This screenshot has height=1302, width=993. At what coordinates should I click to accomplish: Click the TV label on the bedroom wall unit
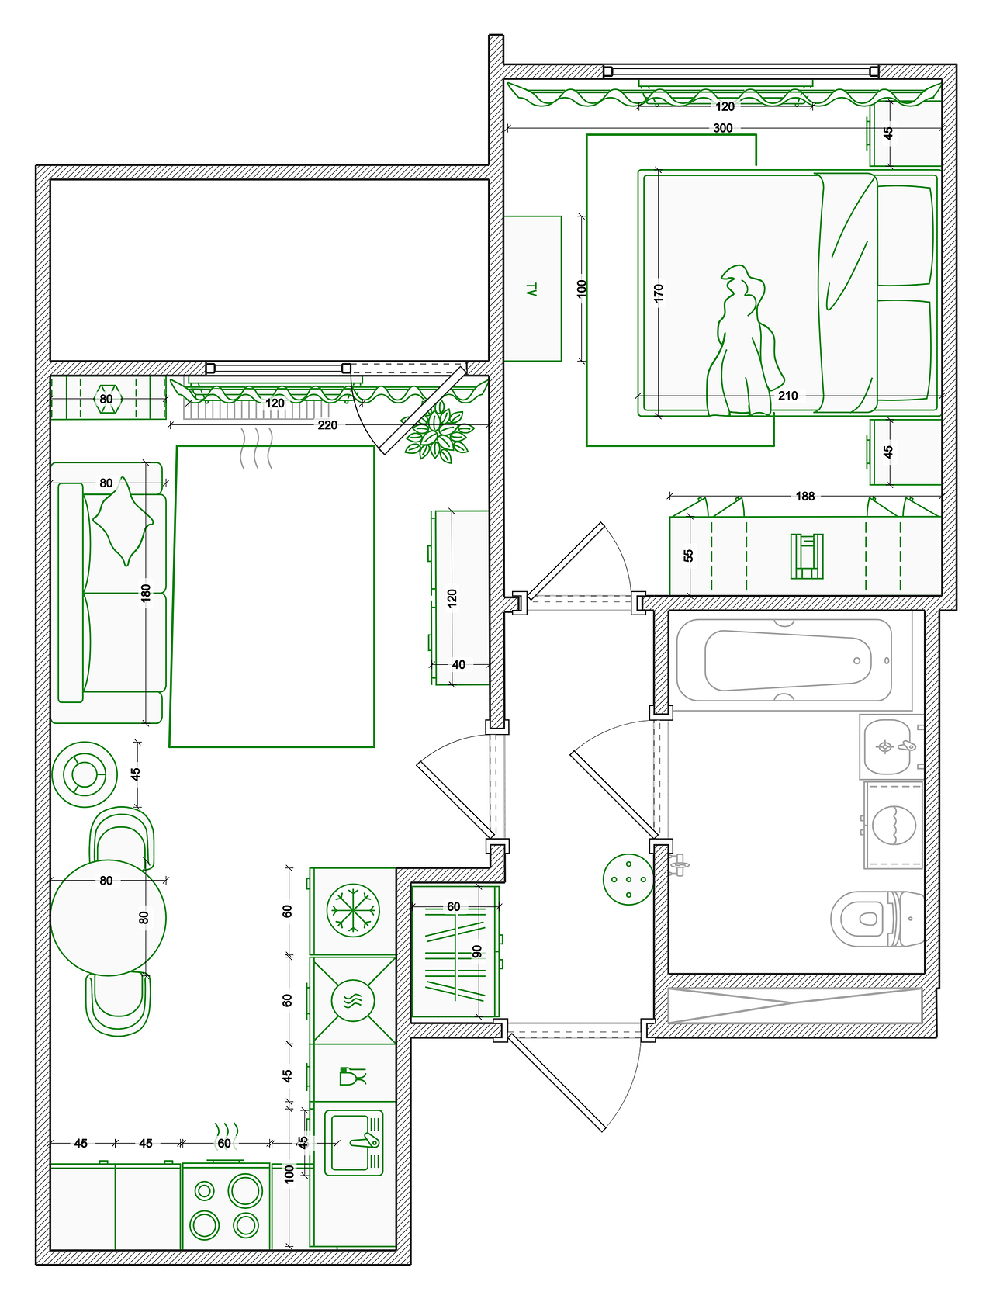coord(531,289)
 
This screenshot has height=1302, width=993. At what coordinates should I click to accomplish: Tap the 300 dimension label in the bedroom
coord(722,128)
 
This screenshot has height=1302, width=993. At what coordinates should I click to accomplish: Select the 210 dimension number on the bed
coord(787,396)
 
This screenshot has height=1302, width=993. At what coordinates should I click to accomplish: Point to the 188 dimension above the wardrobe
coord(804,496)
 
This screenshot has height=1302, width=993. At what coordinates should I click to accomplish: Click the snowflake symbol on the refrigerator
coord(353,910)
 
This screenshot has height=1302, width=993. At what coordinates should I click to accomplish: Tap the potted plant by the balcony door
coord(438,432)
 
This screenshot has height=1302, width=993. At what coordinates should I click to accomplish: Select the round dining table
coord(108,918)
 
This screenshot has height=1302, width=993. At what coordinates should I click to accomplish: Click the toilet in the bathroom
coord(876,919)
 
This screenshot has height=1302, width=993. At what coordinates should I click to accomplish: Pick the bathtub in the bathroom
coord(784,660)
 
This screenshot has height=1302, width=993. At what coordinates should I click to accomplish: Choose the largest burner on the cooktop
coord(245,1190)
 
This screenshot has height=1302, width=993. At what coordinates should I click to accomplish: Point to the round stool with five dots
coord(628,879)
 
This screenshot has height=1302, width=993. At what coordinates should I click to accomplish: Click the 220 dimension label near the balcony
coord(327,424)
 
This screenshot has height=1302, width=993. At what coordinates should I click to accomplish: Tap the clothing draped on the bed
coord(745,341)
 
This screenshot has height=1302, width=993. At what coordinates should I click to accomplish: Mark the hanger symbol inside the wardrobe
coord(806,556)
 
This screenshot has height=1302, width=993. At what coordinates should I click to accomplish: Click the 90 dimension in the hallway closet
coord(477,951)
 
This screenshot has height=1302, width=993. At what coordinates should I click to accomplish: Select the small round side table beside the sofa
coord(85,774)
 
